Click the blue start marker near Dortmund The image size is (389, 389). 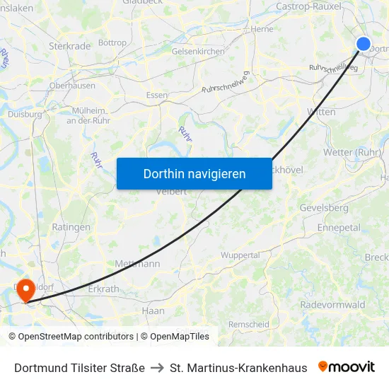(364, 44)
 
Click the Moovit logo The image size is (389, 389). (347, 367)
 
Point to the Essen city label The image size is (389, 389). (156, 95)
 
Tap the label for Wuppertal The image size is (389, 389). (240, 255)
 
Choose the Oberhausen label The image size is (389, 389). (72, 86)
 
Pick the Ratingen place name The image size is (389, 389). (71, 227)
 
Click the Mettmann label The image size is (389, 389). (137, 264)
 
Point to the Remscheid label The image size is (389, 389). (249, 325)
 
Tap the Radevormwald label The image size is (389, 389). (332, 305)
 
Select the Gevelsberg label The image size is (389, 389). (324, 208)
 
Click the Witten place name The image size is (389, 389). (322, 112)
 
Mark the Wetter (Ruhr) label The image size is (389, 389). (352, 152)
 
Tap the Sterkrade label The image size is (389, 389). (70, 46)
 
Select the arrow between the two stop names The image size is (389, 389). (158, 368)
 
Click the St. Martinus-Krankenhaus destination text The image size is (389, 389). (238, 368)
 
